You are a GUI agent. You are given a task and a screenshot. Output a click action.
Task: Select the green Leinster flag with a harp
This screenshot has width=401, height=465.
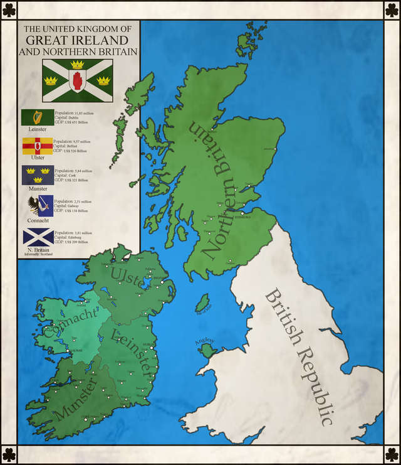pos(38,117)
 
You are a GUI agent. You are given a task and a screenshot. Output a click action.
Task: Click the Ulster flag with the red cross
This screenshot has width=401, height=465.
pos(38,146)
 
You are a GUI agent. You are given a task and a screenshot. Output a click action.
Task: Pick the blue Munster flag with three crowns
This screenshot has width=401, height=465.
pos(38,175)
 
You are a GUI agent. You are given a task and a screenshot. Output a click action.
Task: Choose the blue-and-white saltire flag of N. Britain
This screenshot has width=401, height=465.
pos(38,237)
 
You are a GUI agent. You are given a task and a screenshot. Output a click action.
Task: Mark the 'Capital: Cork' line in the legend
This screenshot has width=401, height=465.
pos(65,175)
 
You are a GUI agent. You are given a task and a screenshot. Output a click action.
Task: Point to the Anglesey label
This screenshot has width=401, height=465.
pos(205,341)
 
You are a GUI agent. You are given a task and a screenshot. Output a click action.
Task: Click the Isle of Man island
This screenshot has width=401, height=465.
pos(202,305)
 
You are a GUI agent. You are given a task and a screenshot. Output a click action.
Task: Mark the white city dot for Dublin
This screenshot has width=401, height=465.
pos(152,348)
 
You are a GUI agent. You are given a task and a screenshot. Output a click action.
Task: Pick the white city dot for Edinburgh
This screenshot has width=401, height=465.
pos(242,214)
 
